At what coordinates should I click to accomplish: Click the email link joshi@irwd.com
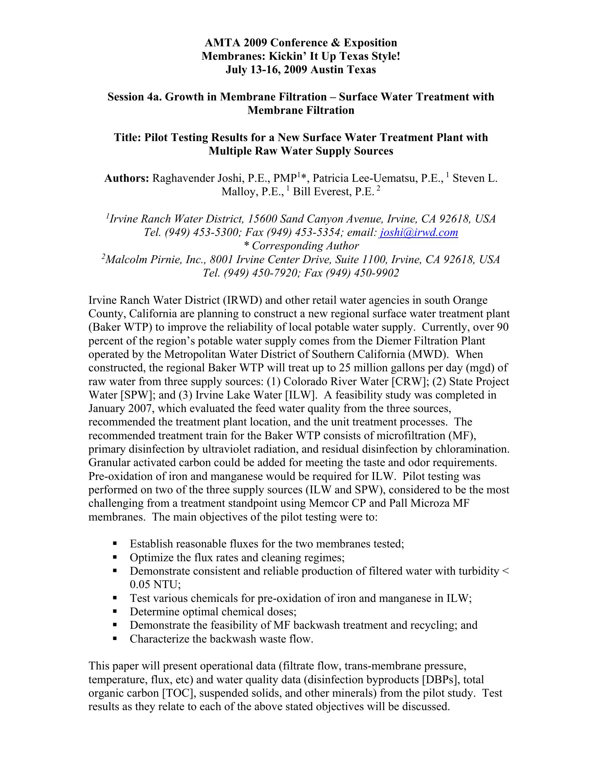(x=419, y=233)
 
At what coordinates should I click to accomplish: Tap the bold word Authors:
(x=127, y=178)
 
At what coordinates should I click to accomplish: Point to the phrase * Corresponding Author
(x=301, y=246)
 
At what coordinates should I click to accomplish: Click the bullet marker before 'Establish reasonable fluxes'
(x=115, y=544)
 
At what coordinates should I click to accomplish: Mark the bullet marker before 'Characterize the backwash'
(x=115, y=639)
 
